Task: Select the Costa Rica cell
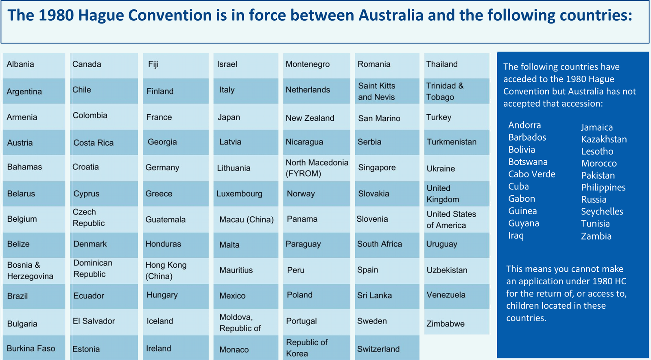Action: pyautogui.click(x=104, y=142)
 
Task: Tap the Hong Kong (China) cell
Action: pyautogui.click(x=175, y=271)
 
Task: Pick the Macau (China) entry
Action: pyautogui.click(x=246, y=219)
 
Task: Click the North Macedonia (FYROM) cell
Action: pyautogui.click(x=317, y=168)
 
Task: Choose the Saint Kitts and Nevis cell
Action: pyautogui.click(x=387, y=91)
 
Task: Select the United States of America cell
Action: pyautogui.click(x=457, y=219)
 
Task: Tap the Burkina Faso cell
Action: pyautogui.click(x=34, y=348)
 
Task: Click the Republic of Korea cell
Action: pyautogui.click(x=317, y=348)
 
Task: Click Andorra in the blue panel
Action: pyautogui.click(x=524, y=125)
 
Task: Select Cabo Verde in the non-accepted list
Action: pyautogui.click(x=531, y=174)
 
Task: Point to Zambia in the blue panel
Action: pyautogui.click(x=596, y=236)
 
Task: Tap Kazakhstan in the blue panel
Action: pyautogui.click(x=604, y=140)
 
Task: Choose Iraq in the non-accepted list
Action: pyautogui.click(x=516, y=236)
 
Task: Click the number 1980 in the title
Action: pyautogui.click(x=56, y=15)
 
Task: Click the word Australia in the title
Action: pyautogui.click(x=391, y=15)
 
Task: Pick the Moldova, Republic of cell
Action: pyautogui.click(x=246, y=323)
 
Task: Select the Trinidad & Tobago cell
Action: pyautogui.click(x=457, y=91)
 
